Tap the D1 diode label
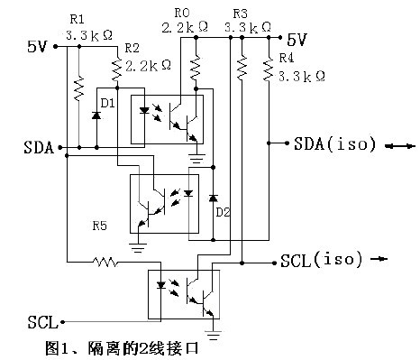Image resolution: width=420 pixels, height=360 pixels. pyautogui.click(x=108, y=104)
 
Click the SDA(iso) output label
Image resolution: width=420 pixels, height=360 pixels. pyautogui.click(x=327, y=144)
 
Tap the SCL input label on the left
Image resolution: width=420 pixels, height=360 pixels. pyautogui.click(x=42, y=321)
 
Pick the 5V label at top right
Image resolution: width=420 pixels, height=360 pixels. pyautogui.click(x=297, y=40)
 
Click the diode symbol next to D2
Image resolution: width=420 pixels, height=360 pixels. pyautogui.click(x=213, y=197)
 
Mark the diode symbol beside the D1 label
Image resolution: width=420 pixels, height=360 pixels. pyautogui.click(x=96, y=115)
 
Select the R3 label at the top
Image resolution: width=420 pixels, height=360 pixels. pyautogui.click(x=239, y=14)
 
